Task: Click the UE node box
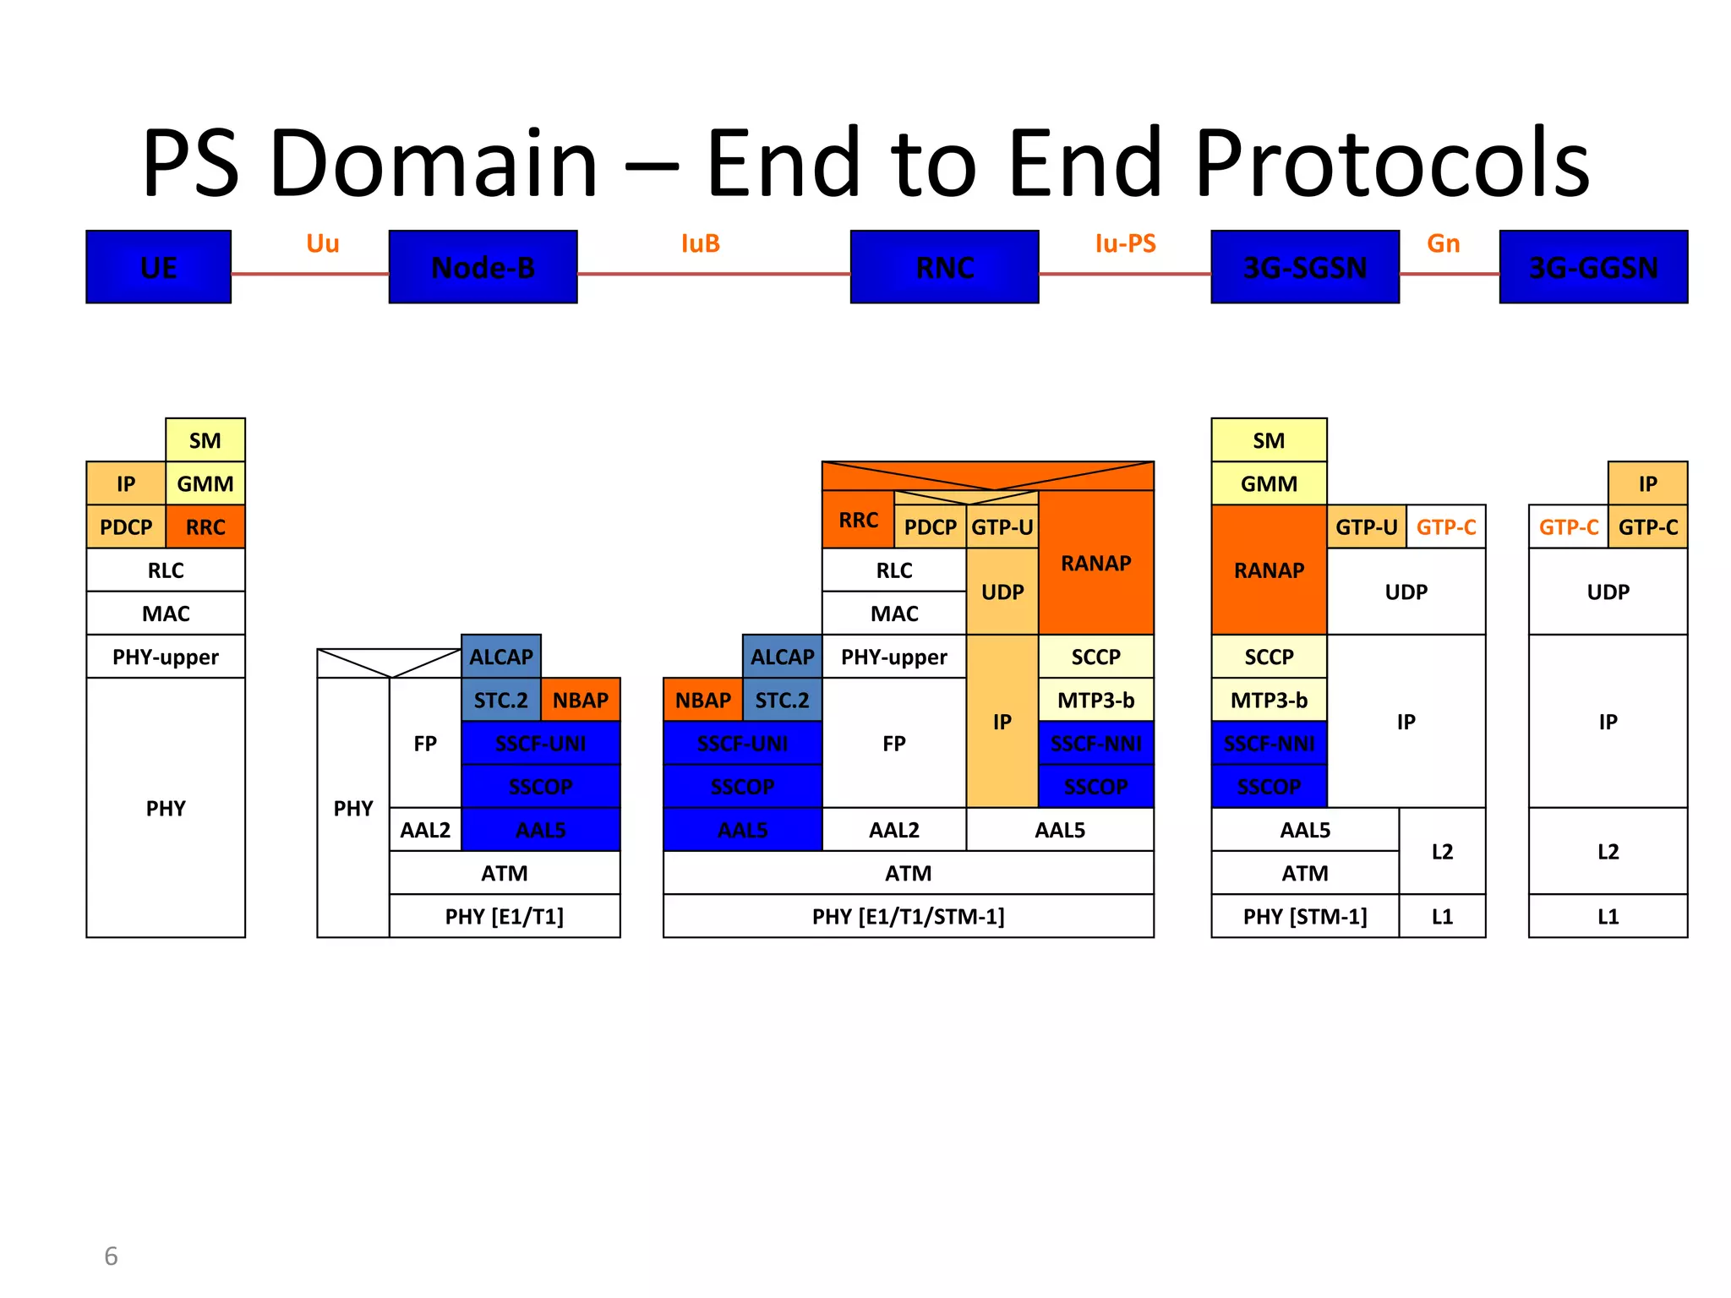click(158, 267)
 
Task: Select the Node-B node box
click(483, 267)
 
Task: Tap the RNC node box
click(944, 267)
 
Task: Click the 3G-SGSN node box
click(1304, 267)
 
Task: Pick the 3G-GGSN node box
click(1592, 267)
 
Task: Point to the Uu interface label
click(322, 243)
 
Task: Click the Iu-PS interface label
click(1125, 243)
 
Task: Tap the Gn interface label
click(1443, 243)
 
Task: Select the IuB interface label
click(700, 243)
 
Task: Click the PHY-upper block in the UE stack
click(166, 657)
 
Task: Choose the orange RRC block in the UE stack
click(205, 527)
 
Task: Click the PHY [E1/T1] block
click(504, 916)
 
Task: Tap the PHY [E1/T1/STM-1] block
click(908, 916)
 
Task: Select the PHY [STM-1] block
click(1304, 916)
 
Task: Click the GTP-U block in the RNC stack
click(1002, 527)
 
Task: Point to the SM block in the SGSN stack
click(1268, 440)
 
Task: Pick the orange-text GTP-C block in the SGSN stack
click(1445, 527)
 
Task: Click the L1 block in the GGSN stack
click(1608, 916)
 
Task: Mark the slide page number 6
click(111, 1257)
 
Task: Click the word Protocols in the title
click(1391, 163)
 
